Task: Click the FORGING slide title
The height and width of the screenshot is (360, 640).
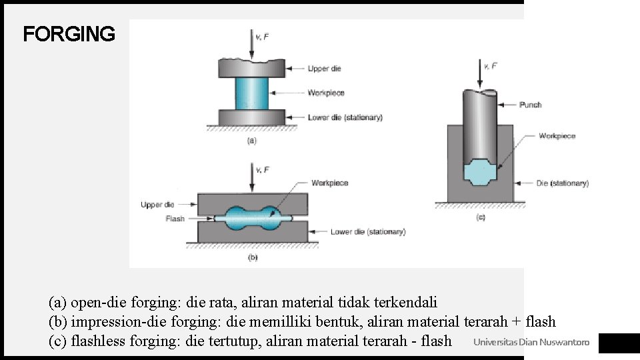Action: pyautogui.click(x=69, y=34)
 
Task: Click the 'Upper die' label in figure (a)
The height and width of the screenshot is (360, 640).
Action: pyautogui.click(x=324, y=68)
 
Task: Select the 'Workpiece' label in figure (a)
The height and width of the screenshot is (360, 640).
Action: pyautogui.click(x=326, y=93)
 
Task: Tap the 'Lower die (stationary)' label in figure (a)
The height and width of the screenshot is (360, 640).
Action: pyautogui.click(x=345, y=117)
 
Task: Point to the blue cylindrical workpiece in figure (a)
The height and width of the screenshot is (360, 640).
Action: pyautogui.click(x=252, y=93)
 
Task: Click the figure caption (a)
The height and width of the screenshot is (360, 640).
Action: pyautogui.click(x=252, y=141)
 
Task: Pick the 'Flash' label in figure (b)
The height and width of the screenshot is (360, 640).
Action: pyautogui.click(x=175, y=218)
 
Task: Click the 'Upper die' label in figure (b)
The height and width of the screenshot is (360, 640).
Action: pyautogui.click(x=157, y=205)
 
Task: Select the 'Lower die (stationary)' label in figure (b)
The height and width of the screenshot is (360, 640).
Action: pyautogui.click(x=367, y=232)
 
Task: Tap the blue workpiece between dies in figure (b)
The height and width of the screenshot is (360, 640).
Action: pyautogui.click(x=253, y=218)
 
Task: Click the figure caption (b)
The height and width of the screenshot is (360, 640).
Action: pyautogui.click(x=252, y=257)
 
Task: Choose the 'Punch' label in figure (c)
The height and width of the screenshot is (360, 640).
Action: pyautogui.click(x=531, y=105)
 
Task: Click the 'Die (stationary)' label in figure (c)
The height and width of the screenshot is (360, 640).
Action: pyautogui.click(x=563, y=183)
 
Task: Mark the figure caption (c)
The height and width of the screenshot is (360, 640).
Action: pyautogui.click(x=480, y=217)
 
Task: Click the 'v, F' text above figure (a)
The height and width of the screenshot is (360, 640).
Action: pyautogui.click(x=263, y=37)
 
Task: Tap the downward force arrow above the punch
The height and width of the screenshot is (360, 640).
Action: pyautogui.click(x=480, y=73)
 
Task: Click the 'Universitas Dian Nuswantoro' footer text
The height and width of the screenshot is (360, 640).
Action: pyautogui.click(x=531, y=343)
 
